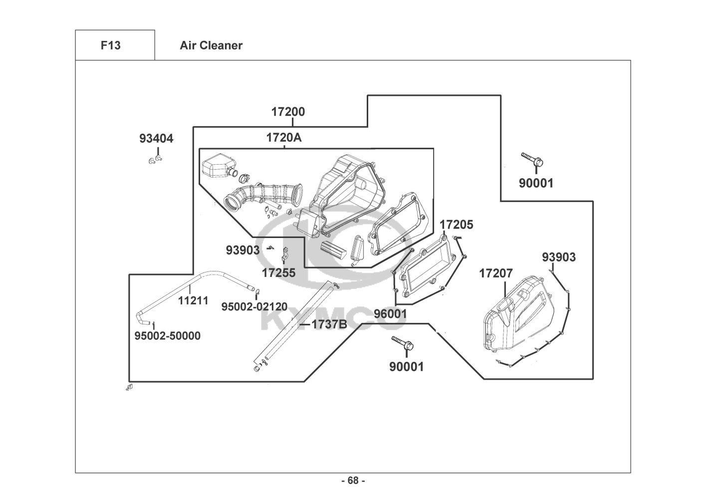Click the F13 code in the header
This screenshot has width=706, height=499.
click(110, 45)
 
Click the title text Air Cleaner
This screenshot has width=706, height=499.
click(211, 45)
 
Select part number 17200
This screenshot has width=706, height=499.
click(288, 112)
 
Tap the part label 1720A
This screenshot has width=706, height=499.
click(283, 138)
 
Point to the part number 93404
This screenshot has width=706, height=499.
click(156, 139)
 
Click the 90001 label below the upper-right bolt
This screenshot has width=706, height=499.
click(536, 183)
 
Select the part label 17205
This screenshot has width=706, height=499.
click(456, 225)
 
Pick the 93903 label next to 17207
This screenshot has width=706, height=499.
click(559, 257)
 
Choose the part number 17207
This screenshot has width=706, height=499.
click(496, 273)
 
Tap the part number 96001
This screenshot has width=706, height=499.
click(391, 314)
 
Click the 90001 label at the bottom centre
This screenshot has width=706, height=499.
click(406, 367)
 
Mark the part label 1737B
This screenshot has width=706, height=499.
click(329, 324)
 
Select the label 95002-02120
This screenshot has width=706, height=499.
click(254, 306)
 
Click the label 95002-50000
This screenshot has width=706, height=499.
click(168, 336)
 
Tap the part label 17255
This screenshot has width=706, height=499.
click(278, 273)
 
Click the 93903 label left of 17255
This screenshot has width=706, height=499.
click(242, 250)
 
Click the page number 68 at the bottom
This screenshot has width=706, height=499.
click(353, 481)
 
